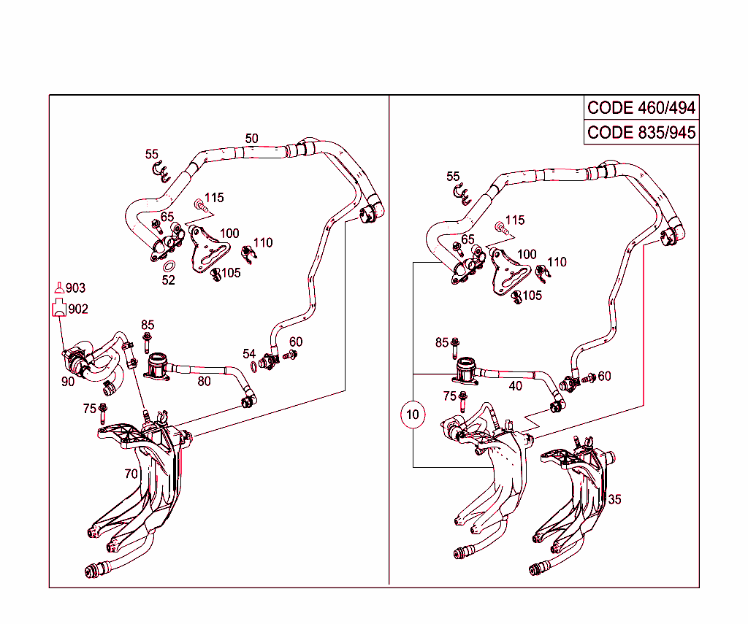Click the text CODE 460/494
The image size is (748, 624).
click(x=641, y=108)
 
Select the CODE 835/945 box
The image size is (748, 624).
click(x=641, y=133)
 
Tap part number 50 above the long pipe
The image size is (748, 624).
click(x=251, y=139)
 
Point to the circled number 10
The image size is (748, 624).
click(x=413, y=415)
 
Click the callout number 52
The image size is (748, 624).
click(x=169, y=280)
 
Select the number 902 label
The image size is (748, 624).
click(x=77, y=309)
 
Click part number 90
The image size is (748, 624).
click(x=68, y=380)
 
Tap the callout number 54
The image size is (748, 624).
click(x=249, y=354)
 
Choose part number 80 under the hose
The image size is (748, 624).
click(x=204, y=380)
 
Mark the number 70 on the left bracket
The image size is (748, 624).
click(x=131, y=474)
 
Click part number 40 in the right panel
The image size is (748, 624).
click(x=516, y=386)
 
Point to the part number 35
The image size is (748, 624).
click(x=615, y=500)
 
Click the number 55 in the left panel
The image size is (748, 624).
click(x=152, y=154)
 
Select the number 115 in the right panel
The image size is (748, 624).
click(x=515, y=220)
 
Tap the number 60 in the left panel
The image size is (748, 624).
click(x=296, y=342)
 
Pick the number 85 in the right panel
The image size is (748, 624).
click(x=441, y=342)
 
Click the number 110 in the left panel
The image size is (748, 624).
click(x=263, y=242)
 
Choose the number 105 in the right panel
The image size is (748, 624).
click(x=533, y=296)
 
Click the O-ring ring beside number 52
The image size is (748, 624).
click(x=169, y=266)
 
